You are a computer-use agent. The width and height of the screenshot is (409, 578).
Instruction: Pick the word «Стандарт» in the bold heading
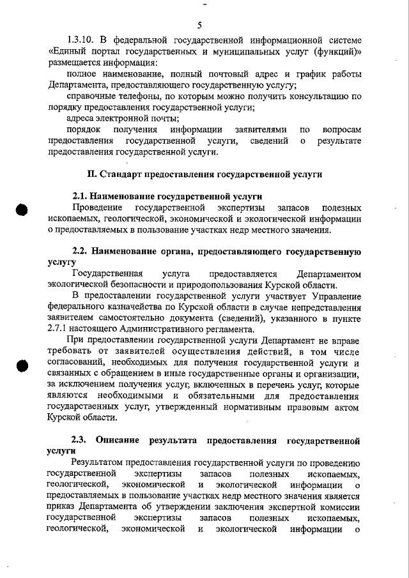pyautogui.click(x=122, y=174)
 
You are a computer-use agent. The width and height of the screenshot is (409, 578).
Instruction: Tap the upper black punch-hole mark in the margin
pyautogui.click(x=22, y=210)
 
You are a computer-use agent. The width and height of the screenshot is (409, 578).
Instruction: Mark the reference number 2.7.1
pyautogui.click(x=59, y=330)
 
